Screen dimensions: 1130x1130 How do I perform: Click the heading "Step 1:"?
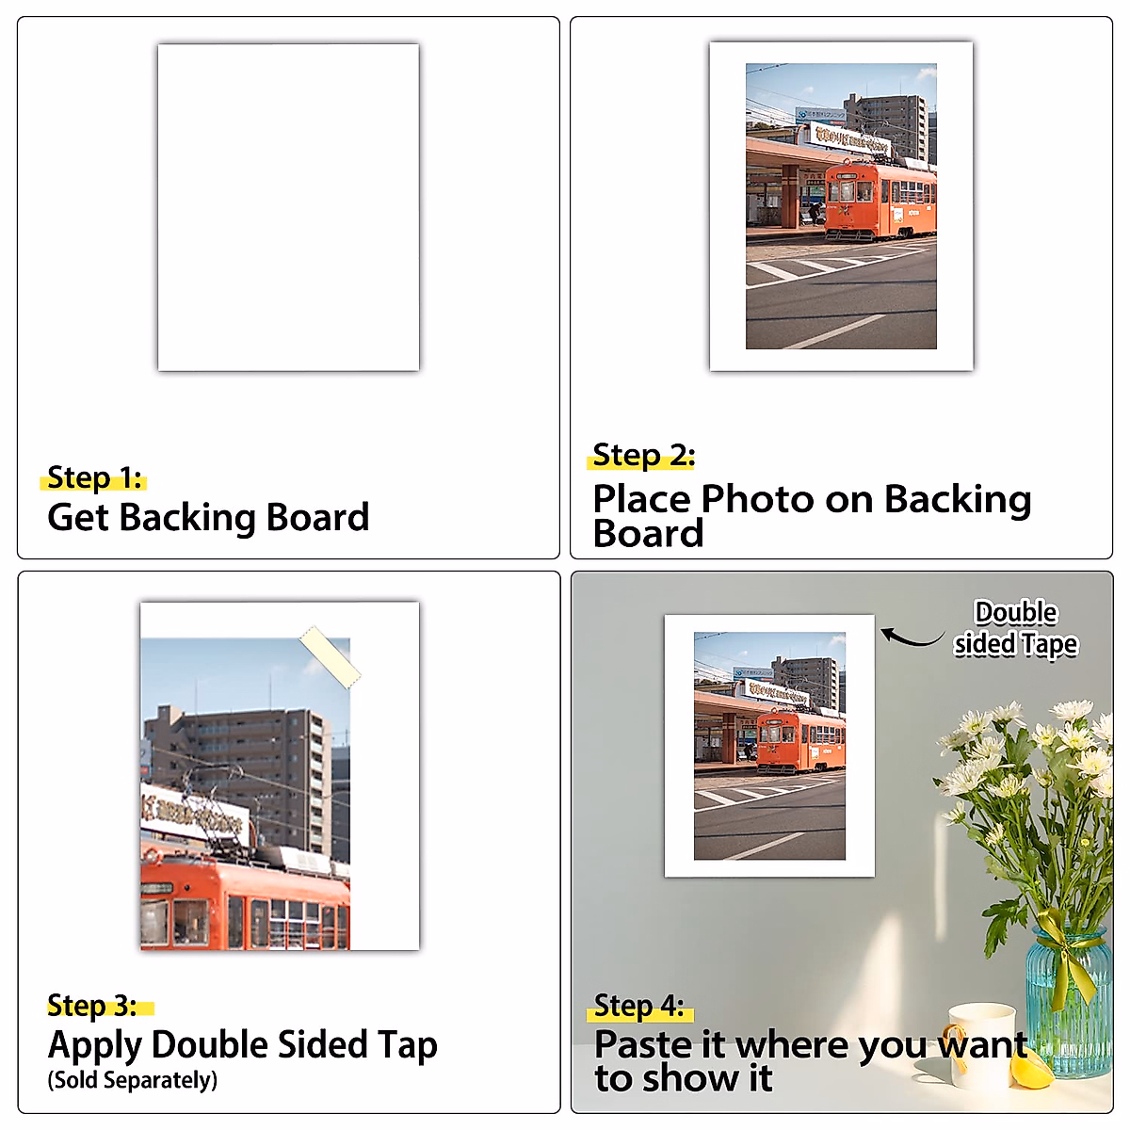coord(94,478)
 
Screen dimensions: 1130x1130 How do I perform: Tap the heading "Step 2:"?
coord(643,456)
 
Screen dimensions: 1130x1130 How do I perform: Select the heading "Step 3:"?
coord(92,1006)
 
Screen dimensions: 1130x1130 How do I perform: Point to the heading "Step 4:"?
coord(639,1006)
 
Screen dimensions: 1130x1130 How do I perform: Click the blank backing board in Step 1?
coord(288,207)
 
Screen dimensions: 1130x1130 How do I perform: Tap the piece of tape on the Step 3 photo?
coord(330,655)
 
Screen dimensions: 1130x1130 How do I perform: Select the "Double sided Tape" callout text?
coord(1015,628)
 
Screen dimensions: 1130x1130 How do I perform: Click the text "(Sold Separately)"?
coord(133,1080)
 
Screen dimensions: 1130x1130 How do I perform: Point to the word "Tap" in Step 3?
coord(408,1045)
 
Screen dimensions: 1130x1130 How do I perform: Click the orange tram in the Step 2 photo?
coord(880,200)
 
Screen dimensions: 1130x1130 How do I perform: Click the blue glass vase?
coord(1069,1008)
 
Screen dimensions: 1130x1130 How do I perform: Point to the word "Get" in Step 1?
coord(78,518)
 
